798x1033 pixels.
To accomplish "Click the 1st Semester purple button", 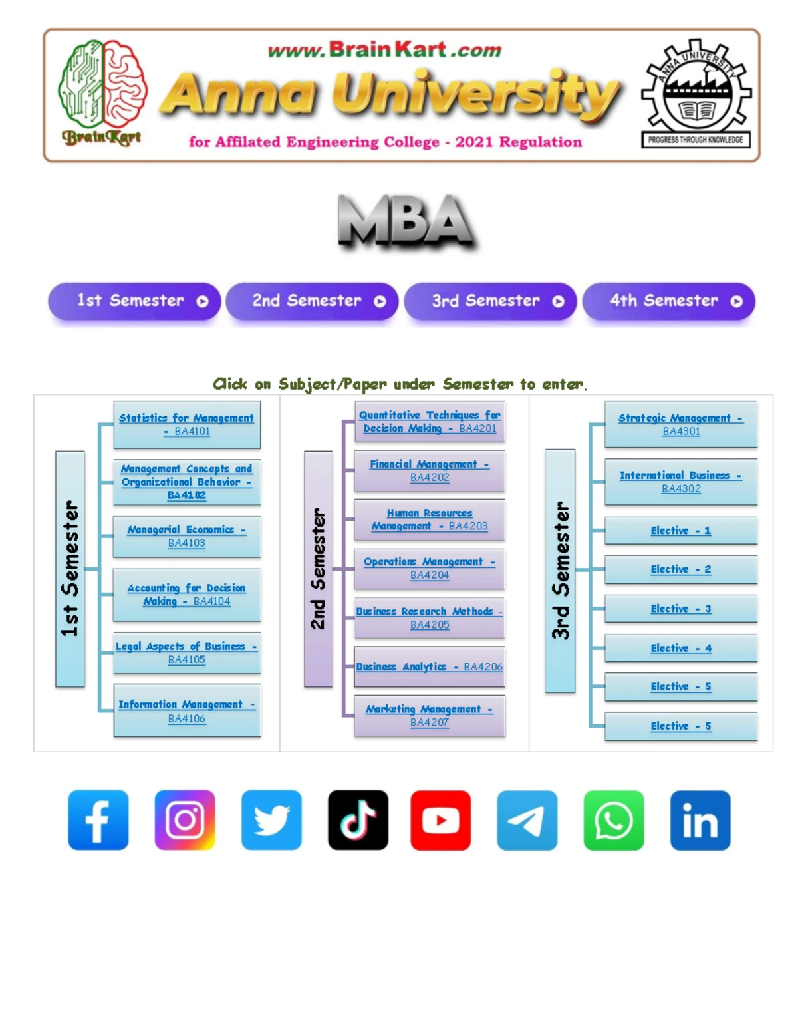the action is pos(134,301).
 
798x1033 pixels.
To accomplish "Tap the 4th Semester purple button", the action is pos(669,301).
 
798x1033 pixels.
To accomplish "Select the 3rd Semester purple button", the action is pos(491,301).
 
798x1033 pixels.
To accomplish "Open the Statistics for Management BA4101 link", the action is pos(186,424).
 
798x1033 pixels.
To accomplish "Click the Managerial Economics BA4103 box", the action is pos(187,536).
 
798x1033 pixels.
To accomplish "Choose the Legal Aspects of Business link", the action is pos(186,653).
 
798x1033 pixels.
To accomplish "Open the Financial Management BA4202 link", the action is pos(430,471).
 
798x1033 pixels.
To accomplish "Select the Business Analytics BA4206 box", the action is pos(430,666).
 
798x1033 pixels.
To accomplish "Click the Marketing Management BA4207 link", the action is pos(430,716).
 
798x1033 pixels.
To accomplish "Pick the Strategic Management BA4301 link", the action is pos(681,424).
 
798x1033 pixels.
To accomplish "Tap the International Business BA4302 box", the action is pos(681,482).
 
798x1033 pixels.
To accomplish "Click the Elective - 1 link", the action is pos(681,531).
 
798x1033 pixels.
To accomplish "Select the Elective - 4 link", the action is pos(681,648).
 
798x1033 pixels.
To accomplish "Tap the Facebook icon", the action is pos(98,820).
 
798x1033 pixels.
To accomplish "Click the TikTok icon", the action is pos(358,820).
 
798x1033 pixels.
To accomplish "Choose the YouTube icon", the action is pos(441,820).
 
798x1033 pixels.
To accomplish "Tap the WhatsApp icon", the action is pos(614,820).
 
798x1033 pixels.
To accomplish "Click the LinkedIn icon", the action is pos(700,820).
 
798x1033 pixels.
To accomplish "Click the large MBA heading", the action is pos(407,221).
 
